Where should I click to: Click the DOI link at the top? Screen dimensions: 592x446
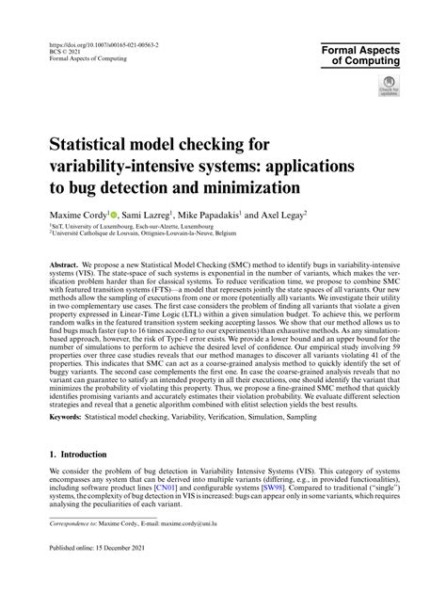click(x=104, y=43)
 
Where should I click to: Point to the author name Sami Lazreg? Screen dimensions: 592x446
click(x=147, y=215)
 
